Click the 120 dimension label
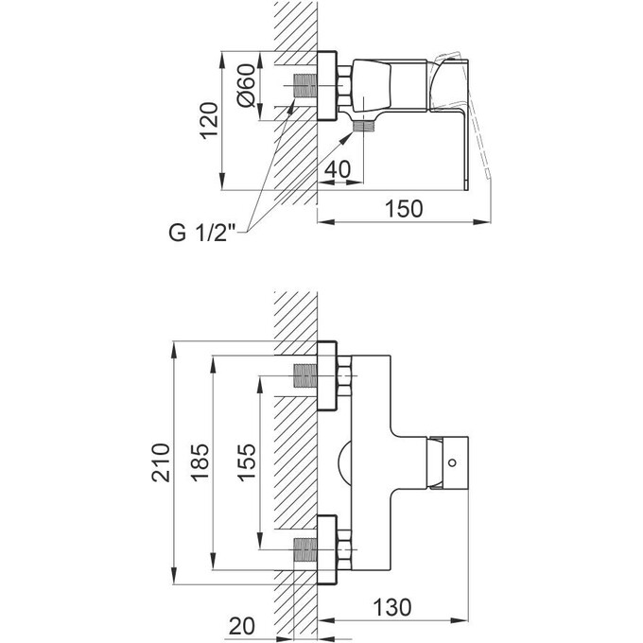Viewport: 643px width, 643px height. coord(210,119)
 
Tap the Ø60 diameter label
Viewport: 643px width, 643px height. coord(244,88)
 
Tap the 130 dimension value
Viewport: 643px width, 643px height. coord(416,605)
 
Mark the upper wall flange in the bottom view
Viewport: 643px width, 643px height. coord(328,375)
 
